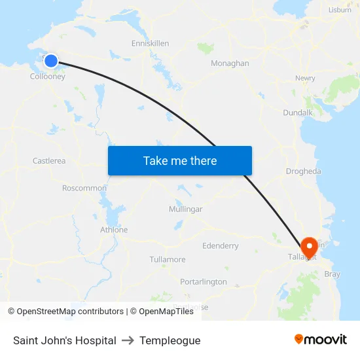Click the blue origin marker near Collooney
tap(50, 62)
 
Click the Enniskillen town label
tap(150, 43)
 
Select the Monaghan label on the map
tap(230, 63)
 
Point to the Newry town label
tap(305, 78)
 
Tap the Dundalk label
tap(297, 113)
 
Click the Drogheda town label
tap(303, 171)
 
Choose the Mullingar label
tap(185, 209)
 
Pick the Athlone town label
tap(114, 230)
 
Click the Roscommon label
tap(84, 188)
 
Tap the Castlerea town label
tap(49, 160)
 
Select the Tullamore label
tap(168, 259)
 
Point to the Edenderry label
tap(221, 246)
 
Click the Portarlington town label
tap(204, 281)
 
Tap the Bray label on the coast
tap(332, 274)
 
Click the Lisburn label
tap(340, 10)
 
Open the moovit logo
tap(321, 340)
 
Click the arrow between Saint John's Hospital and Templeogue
tap(128, 340)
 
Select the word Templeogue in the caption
tap(170, 340)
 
